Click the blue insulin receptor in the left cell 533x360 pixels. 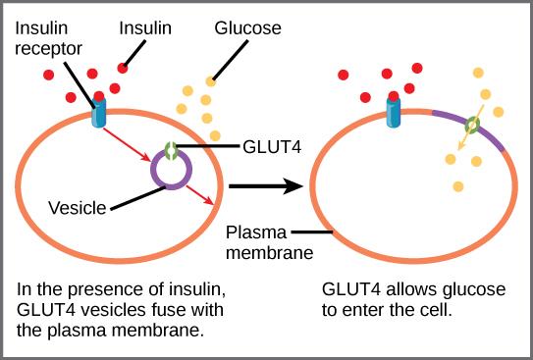pyautogui.click(x=99, y=113)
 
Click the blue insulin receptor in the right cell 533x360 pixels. pyautogui.click(x=394, y=111)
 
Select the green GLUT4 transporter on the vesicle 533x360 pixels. pyautogui.click(x=172, y=151)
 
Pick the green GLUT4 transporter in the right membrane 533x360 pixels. pyautogui.click(x=472, y=127)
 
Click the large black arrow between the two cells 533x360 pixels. pyautogui.click(x=263, y=184)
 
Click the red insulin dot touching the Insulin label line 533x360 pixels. pyautogui.click(x=124, y=68)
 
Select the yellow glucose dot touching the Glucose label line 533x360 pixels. pyautogui.click(x=210, y=81)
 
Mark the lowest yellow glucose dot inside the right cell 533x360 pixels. pyautogui.click(x=457, y=185)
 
